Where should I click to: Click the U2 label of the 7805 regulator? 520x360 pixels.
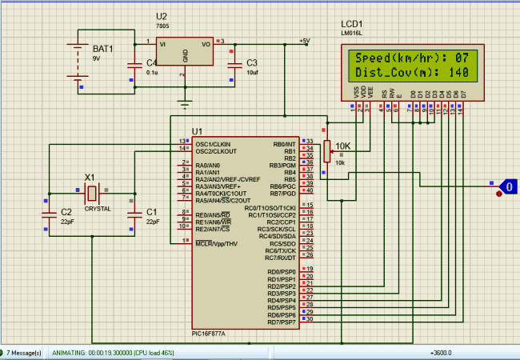click(162, 16)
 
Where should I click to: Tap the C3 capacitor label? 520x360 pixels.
click(252, 62)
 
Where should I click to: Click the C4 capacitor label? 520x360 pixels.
click(151, 62)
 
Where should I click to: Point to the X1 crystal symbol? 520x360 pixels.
click(92, 193)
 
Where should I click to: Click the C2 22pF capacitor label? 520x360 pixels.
click(66, 212)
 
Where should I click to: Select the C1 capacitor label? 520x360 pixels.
click(152, 212)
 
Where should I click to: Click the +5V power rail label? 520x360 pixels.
click(304, 40)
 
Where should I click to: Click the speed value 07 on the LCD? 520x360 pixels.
click(462, 58)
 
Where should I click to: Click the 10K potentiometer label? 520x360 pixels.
click(342, 146)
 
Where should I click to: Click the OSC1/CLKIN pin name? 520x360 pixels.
click(216, 144)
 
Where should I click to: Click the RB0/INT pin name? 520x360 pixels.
click(283, 144)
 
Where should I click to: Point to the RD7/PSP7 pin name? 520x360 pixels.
click(281, 322)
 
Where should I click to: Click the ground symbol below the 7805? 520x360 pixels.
click(186, 102)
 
